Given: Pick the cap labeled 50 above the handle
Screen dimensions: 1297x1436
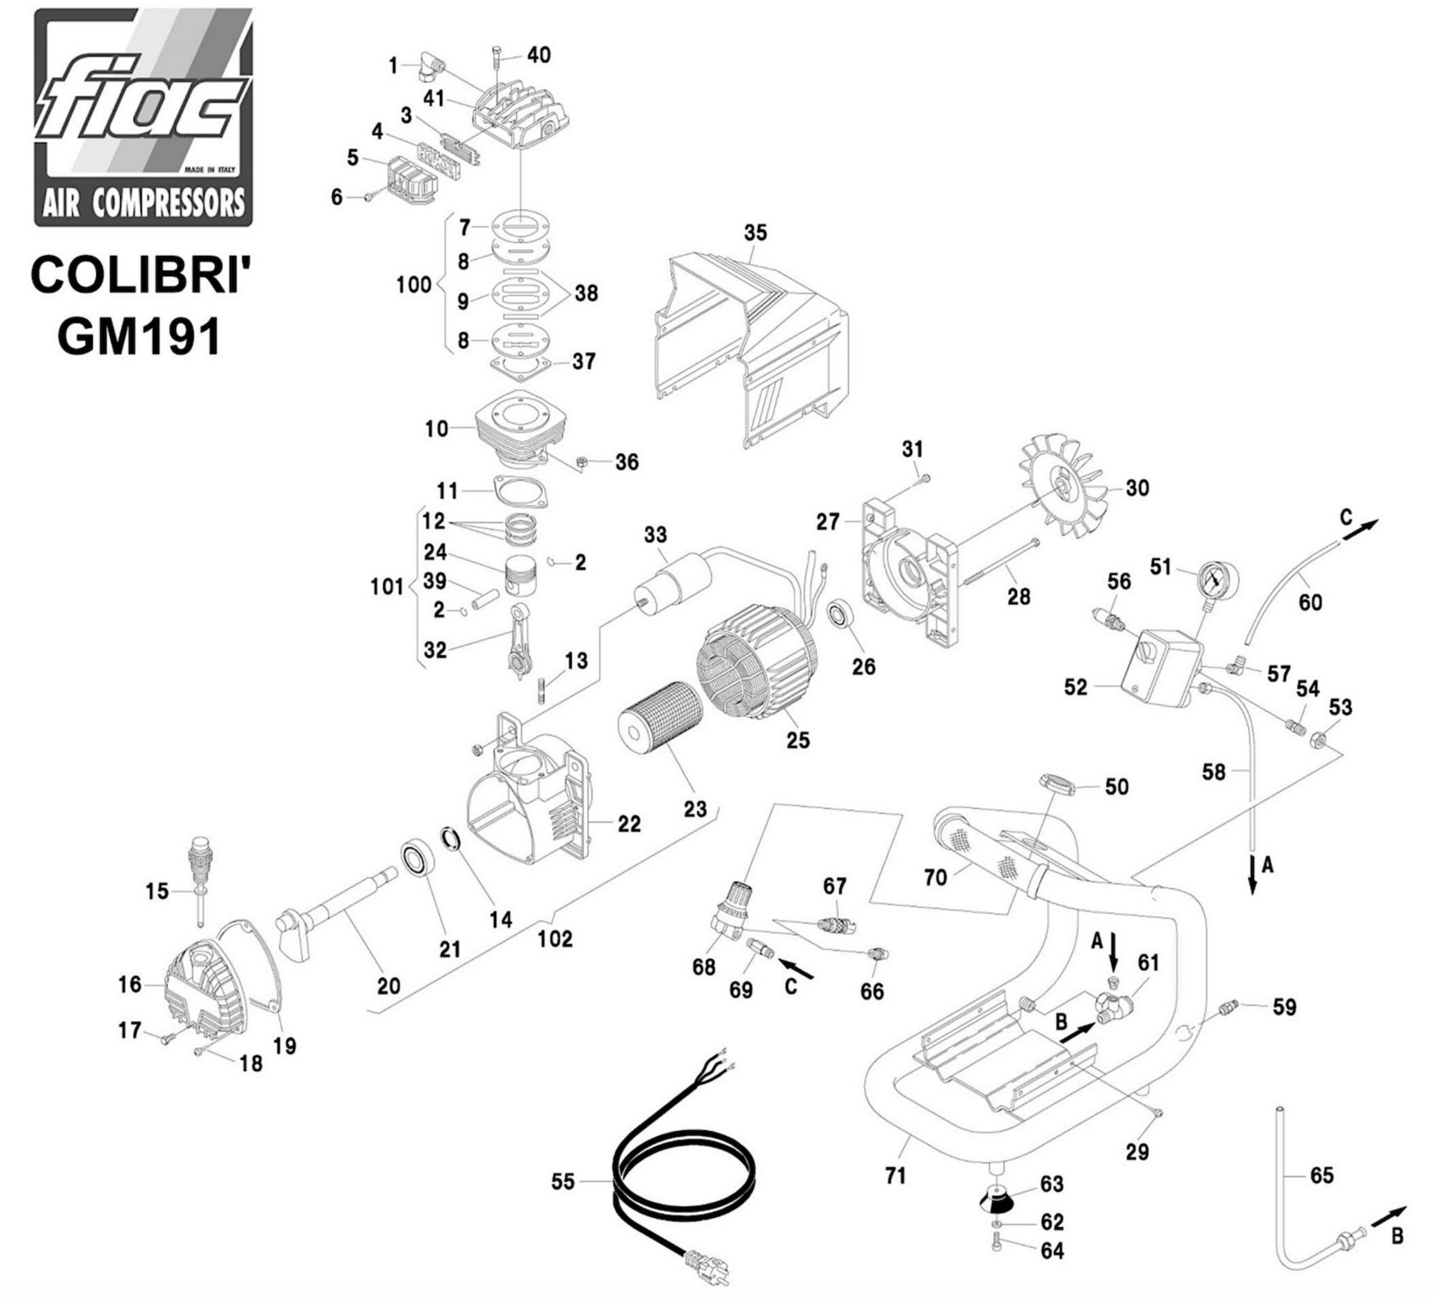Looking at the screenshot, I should click(1057, 784).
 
